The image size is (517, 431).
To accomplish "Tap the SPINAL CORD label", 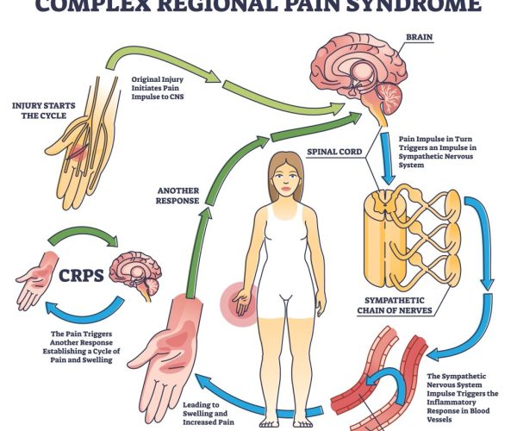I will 334,152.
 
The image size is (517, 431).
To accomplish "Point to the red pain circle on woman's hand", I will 237,301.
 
